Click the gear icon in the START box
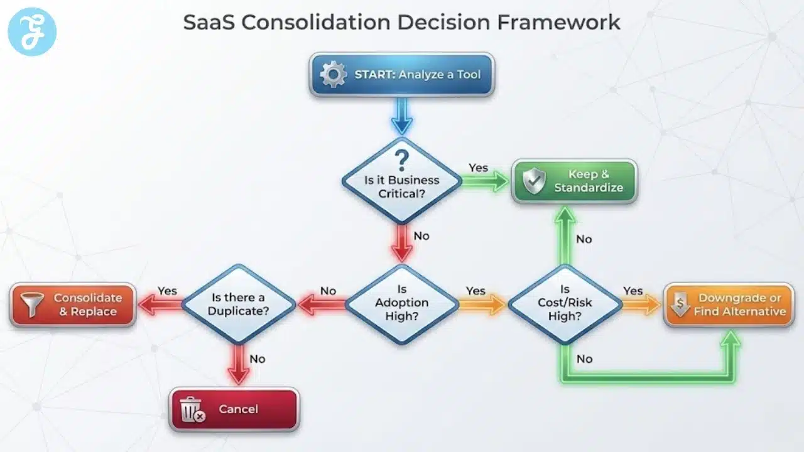[333, 75]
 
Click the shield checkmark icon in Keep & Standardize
[534, 181]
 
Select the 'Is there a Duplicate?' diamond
[239, 304]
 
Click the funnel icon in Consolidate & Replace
[31, 304]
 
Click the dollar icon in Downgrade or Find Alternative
[680, 304]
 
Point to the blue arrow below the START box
[402, 116]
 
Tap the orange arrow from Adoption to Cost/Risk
[482, 305]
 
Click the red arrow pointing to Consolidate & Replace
[159, 305]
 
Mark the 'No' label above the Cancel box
[258, 359]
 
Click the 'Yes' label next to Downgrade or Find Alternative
[633, 291]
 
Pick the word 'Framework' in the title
[558, 23]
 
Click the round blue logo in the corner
[32, 31]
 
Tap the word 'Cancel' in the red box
[238, 409]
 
